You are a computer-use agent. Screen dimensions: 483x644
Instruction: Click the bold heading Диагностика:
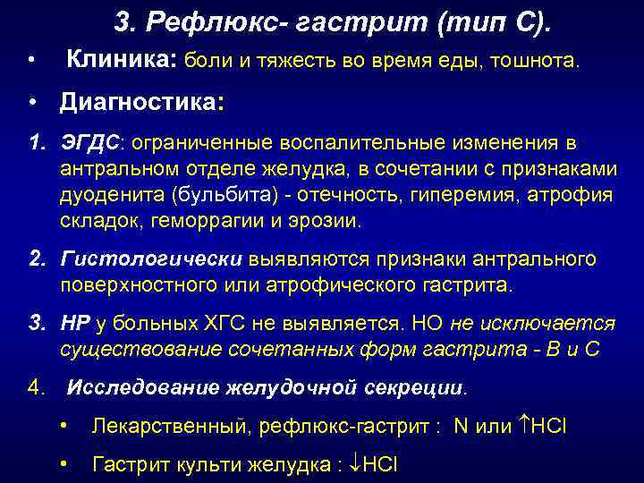tap(142, 103)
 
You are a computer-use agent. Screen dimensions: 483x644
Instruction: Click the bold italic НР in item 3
tap(73, 323)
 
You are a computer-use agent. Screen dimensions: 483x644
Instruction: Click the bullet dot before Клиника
tap(31, 61)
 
